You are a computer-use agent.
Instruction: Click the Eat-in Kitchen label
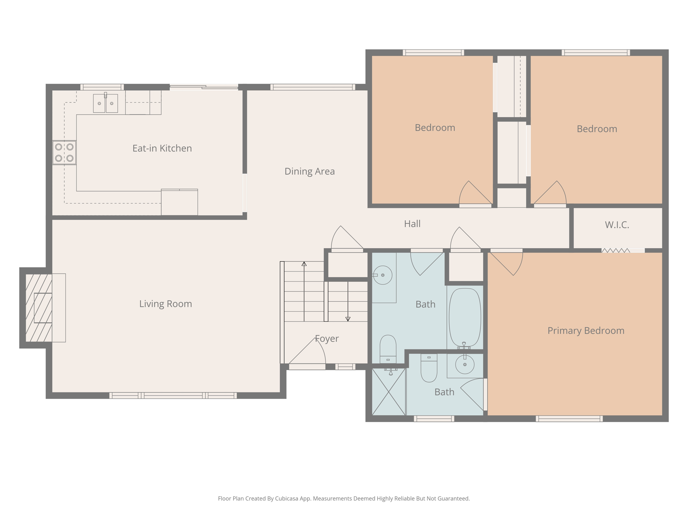pyautogui.click(x=162, y=148)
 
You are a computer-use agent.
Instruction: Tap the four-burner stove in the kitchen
pyautogui.click(x=64, y=153)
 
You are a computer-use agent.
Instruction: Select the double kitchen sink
pyautogui.click(x=105, y=103)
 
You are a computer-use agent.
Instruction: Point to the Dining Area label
pyautogui.click(x=309, y=171)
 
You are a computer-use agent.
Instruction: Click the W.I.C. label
pyautogui.click(x=617, y=225)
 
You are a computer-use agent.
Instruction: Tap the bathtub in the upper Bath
pyautogui.click(x=465, y=317)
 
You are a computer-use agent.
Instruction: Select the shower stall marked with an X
pyautogui.click(x=389, y=392)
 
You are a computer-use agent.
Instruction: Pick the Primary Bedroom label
pyautogui.click(x=586, y=331)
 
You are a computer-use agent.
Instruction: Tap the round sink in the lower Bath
pyautogui.click(x=465, y=364)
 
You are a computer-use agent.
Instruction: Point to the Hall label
pyautogui.click(x=412, y=224)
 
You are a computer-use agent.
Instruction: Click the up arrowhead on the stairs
pyautogui.click(x=304, y=264)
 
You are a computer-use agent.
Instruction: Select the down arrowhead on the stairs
pyautogui.click(x=348, y=319)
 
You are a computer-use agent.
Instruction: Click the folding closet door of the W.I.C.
pyautogui.click(x=615, y=250)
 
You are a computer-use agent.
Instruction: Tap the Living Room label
pyautogui.click(x=166, y=304)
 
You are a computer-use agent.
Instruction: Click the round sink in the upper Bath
pyautogui.click(x=383, y=275)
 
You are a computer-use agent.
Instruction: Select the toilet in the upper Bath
pyautogui.click(x=388, y=348)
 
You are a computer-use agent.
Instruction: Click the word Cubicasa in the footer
pyautogui.click(x=287, y=499)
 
